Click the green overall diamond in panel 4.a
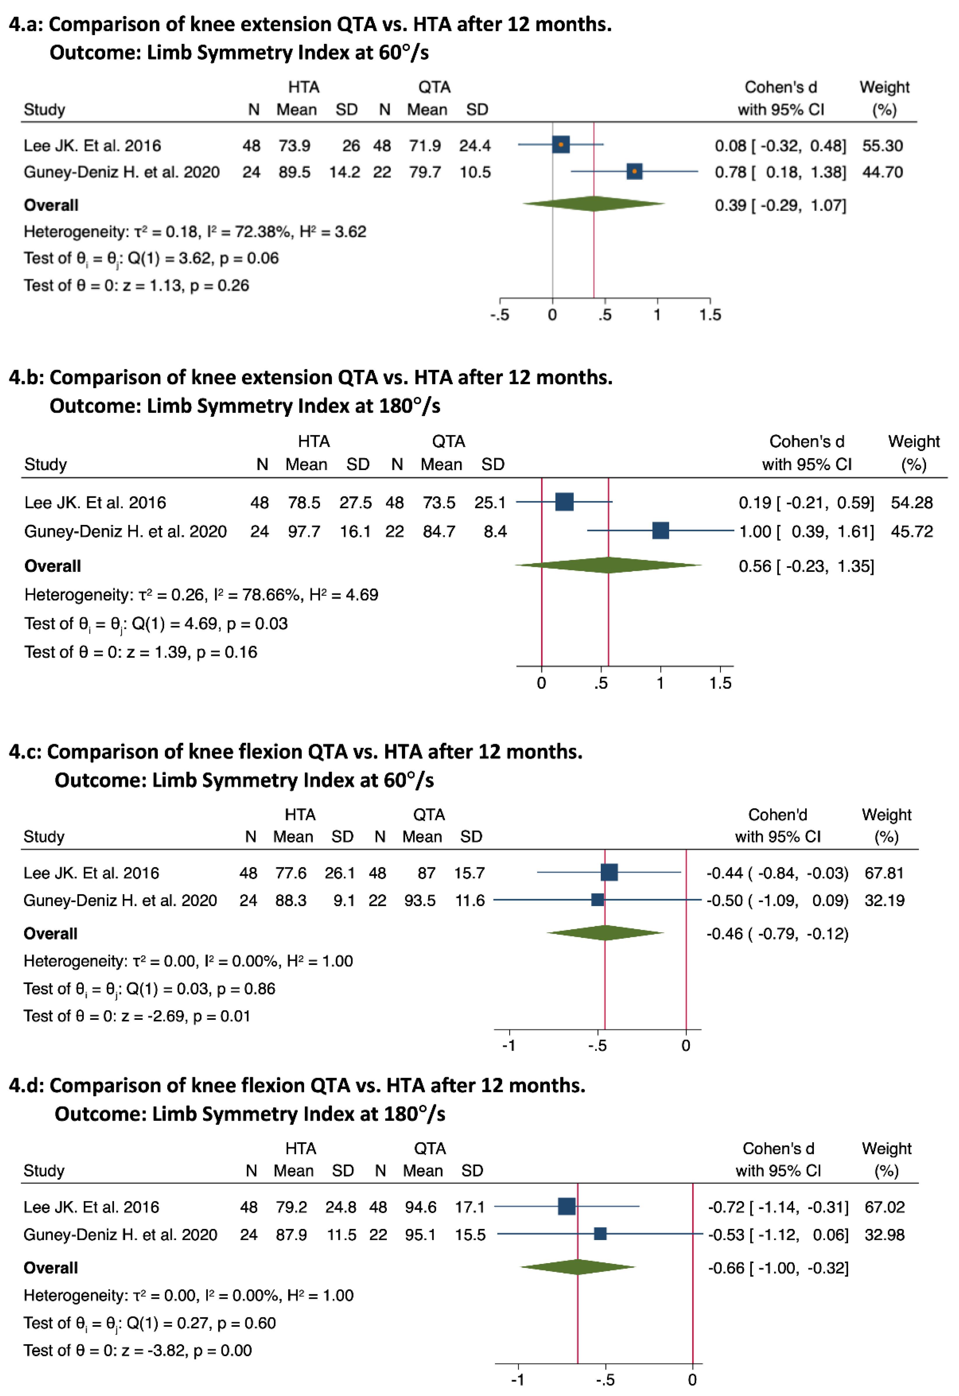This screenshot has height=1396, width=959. pos(594,204)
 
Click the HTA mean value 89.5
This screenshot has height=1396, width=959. pos(294,173)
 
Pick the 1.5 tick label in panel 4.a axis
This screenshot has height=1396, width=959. pos(710,315)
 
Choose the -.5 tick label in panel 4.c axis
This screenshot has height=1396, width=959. pos(597,1046)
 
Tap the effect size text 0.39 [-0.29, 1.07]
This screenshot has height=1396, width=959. pos(780,205)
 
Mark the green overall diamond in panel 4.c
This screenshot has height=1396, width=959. pos(605,933)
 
